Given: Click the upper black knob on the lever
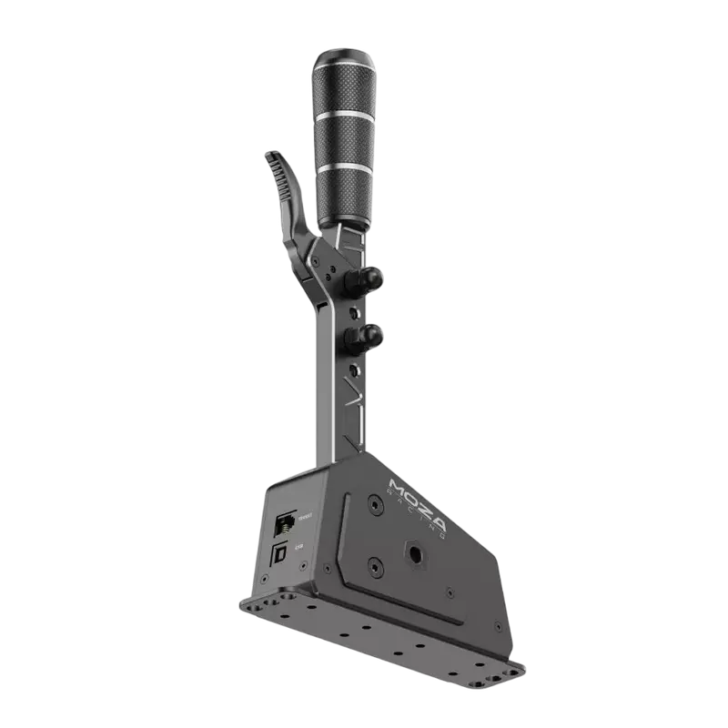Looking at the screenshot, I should tap(370, 277).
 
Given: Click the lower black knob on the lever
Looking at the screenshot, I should tap(369, 337).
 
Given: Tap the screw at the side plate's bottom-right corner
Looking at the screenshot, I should tap(497, 627).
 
